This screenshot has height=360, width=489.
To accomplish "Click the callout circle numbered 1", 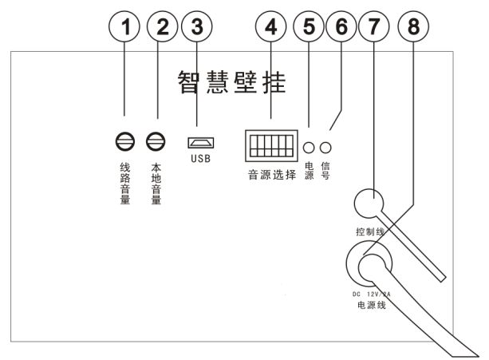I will pos(124,26).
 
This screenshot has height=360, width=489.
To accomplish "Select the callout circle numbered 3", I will pos(197,26).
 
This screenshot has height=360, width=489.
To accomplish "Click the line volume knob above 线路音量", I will pos(124,142).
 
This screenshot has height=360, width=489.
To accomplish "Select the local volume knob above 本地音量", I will pos(156,142).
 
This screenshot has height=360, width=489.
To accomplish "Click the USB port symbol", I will pos(199,143).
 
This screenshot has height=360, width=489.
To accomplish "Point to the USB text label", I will pos(199,159).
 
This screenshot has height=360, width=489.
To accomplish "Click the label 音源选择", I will pos(271,174).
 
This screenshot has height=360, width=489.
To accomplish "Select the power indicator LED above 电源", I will pos(310,147).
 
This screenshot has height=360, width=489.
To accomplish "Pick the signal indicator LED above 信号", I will pos(325,147).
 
